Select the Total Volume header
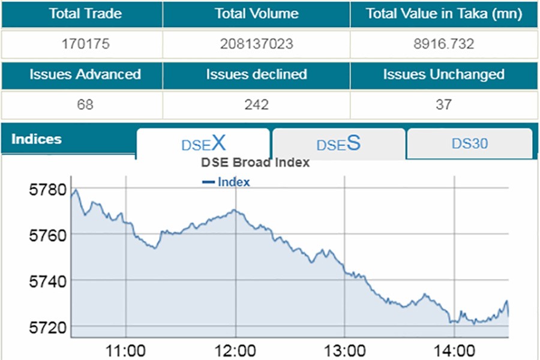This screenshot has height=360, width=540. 256,14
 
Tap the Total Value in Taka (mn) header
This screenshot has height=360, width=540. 443,14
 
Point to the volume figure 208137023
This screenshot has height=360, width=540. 256,44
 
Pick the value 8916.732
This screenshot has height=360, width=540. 443,44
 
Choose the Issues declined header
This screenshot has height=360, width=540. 256,75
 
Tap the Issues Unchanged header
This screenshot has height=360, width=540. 443,75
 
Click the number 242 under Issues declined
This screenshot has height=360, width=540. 256,105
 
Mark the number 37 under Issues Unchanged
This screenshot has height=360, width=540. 443,105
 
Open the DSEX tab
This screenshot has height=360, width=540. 203,144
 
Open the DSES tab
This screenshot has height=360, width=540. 338,144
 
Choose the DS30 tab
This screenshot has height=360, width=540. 469,144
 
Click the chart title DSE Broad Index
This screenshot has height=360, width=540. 255,163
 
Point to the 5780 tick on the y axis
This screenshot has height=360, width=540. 46,191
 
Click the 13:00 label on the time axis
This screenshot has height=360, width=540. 344,350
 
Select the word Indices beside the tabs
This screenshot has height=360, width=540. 37,139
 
